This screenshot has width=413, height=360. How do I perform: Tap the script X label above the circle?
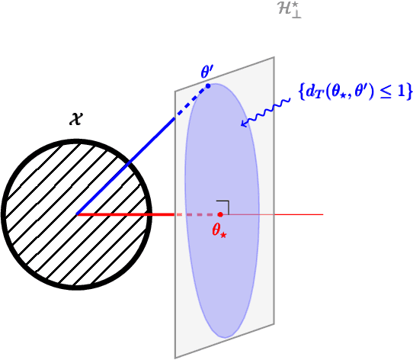75,119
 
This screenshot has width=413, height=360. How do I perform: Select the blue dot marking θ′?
207,85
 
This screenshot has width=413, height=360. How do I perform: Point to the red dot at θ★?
219,214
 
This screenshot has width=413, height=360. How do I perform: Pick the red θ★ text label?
219,230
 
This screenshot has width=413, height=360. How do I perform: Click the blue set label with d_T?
355,92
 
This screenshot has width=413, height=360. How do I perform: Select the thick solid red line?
126,214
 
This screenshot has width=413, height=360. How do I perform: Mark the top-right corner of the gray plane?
274,57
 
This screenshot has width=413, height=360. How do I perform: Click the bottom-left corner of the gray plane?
175,357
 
